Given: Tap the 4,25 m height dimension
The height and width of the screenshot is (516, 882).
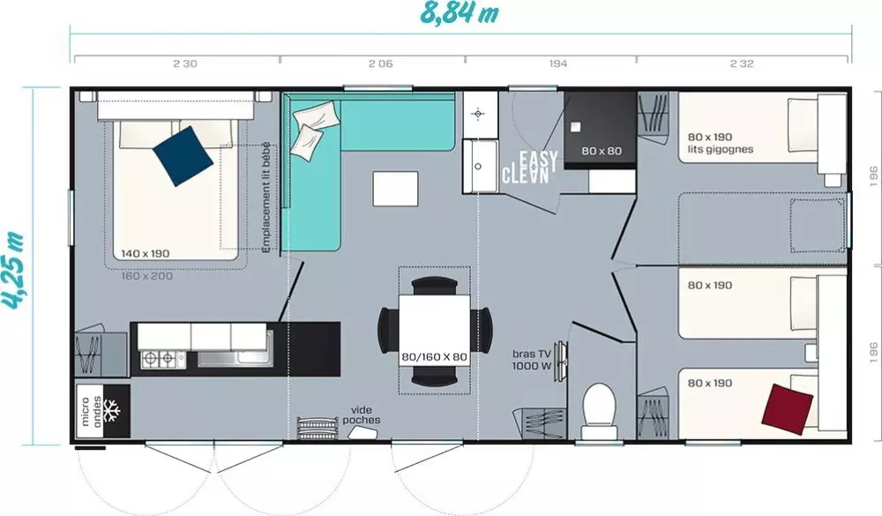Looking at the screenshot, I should click(15, 265).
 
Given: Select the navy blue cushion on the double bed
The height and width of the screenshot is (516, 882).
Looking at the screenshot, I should click(183, 156).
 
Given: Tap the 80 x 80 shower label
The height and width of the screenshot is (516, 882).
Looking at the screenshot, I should click(602, 151).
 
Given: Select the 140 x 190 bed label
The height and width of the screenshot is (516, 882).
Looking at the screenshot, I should click(146, 253).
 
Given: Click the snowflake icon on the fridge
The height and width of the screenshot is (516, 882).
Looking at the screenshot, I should click(112, 411).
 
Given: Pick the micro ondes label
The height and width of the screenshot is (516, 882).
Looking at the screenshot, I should click(91, 411).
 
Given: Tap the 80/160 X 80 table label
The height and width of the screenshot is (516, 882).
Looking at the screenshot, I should click(434, 357).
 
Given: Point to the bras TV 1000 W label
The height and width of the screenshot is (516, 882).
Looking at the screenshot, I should click(532, 360).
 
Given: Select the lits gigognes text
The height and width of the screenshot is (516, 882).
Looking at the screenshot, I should click(721, 149).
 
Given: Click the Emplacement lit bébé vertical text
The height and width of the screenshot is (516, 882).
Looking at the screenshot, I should click(267, 200).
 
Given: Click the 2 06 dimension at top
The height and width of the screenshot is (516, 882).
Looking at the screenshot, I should click(380, 64).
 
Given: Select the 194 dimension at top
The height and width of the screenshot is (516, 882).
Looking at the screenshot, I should click(557, 64).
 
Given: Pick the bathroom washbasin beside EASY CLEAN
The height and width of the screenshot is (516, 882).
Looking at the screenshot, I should click(482, 165).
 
